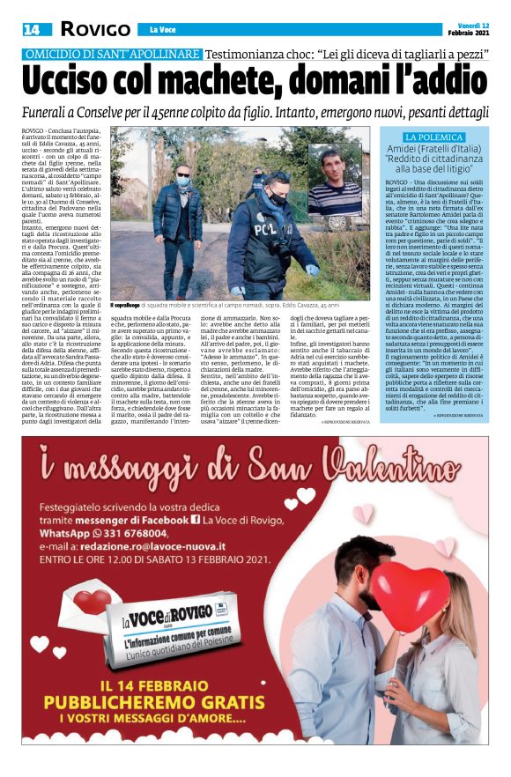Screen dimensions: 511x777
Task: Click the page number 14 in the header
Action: pos(31,29)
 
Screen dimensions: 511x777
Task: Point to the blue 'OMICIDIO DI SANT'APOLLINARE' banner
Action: pos(114,54)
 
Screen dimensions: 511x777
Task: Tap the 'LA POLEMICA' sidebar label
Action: pos(434,138)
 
